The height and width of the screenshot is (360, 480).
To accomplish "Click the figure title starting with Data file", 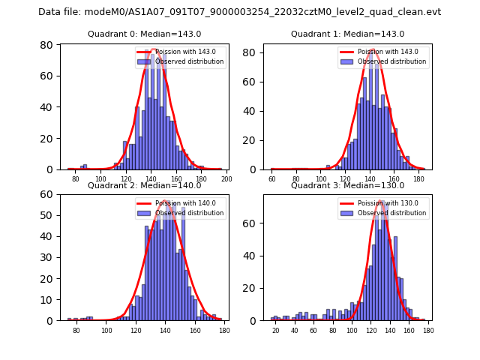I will [x=240, y=12].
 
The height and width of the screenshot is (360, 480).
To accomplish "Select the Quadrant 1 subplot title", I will [x=347, y=34].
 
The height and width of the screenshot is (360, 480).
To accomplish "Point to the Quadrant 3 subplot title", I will [x=347, y=185].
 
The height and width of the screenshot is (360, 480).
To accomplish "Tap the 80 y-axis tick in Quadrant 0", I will [x=46, y=46].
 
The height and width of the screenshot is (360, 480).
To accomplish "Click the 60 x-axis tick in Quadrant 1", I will [x=272, y=179].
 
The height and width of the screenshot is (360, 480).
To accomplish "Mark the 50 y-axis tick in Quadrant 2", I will [x=46, y=215].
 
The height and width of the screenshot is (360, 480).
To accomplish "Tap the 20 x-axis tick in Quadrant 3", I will [x=275, y=331].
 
